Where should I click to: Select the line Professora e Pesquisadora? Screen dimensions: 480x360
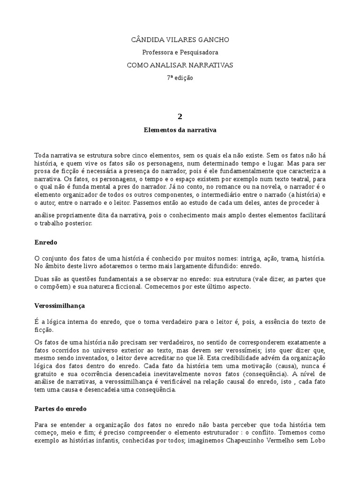180,52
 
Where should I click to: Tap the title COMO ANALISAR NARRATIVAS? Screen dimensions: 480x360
180,65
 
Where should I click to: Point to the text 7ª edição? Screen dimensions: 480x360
180,78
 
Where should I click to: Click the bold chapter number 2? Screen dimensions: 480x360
180,116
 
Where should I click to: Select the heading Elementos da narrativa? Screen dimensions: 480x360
180,130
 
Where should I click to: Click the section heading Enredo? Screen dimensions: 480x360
46,243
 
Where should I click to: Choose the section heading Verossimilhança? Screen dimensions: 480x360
60,305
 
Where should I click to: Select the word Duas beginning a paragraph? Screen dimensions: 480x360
43,279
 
